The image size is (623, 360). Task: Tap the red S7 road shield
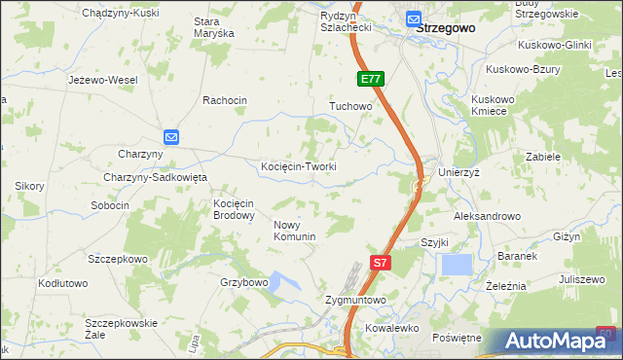pos(382,262)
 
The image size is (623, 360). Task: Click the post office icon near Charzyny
pos(170,137)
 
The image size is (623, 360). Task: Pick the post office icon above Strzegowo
pos(414,18)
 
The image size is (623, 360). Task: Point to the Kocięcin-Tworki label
pos(299,166)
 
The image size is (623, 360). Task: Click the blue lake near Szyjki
pos(456,265)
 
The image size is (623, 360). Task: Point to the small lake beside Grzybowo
pos(281,283)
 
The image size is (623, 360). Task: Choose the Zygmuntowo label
pos(355,301)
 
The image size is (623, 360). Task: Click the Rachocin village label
pos(225,100)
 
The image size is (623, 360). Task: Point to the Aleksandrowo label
pos(487,216)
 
